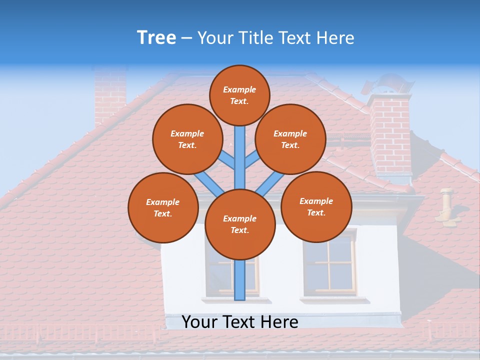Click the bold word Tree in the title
click(156, 38)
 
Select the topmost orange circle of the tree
click(239, 95)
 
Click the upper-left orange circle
click(187, 139)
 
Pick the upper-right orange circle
click(290, 139)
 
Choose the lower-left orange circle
click(162, 207)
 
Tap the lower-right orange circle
click(316, 206)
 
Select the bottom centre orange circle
click(240, 224)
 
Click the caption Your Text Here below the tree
click(240, 322)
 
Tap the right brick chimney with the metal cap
click(390, 135)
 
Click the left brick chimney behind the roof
click(110, 95)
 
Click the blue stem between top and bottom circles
click(240, 155)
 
